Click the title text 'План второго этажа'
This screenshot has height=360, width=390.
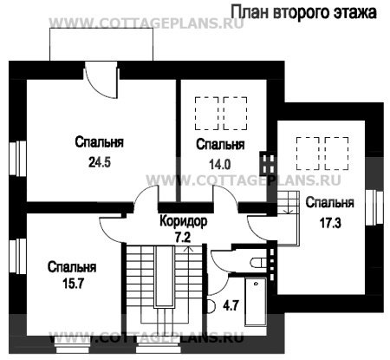pyautogui.click(x=303, y=13)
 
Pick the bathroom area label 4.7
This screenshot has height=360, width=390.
pyautogui.click(x=231, y=305)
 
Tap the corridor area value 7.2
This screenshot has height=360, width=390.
pyautogui.click(x=183, y=236)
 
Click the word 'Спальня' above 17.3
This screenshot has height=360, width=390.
pyautogui.click(x=329, y=204)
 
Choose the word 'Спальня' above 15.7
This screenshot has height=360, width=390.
pyautogui.click(x=71, y=267)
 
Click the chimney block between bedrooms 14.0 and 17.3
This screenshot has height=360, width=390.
pyautogui.click(x=267, y=162)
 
